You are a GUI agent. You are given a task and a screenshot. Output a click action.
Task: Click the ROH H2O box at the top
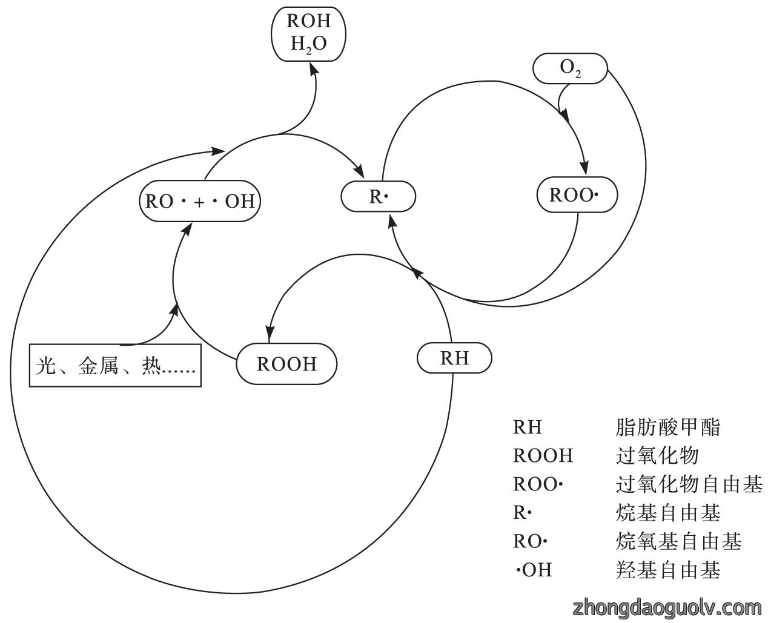(308, 34)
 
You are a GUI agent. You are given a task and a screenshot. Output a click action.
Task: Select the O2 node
(570, 68)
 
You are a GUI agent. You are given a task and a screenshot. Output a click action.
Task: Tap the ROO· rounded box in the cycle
(577, 194)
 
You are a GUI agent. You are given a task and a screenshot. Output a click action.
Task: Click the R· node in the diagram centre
(378, 196)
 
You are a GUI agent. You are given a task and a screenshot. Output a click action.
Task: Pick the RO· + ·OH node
(200, 200)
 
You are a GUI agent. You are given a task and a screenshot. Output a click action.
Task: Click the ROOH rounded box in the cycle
(286, 363)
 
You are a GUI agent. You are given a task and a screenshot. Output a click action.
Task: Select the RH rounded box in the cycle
(454, 358)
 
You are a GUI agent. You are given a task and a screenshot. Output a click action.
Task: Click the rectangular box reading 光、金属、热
(115, 365)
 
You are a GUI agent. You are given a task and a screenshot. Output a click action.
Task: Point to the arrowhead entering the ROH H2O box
(314, 69)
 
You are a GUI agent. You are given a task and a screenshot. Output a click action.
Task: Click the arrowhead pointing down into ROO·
(584, 167)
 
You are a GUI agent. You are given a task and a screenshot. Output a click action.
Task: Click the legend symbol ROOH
(543, 455)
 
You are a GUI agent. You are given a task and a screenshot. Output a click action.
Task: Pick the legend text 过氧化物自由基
(689, 484)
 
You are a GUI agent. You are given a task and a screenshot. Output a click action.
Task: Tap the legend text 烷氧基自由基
(678, 541)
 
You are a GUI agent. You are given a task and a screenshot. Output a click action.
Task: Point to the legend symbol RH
(527, 427)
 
